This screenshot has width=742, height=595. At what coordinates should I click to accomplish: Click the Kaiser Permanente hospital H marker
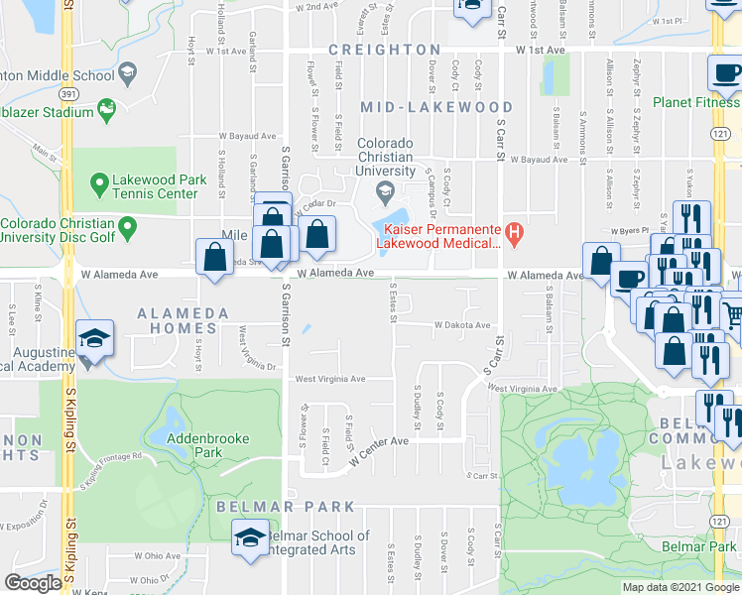click(x=514, y=234)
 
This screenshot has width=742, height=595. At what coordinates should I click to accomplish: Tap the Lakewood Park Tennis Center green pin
click(x=98, y=182)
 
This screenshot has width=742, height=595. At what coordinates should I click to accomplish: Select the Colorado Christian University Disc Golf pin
click(x=127, y=230)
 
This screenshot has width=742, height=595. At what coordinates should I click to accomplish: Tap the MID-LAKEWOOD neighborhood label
click(x=436, y=107)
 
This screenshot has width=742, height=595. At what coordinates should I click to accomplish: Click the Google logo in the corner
click(x=32, y=583)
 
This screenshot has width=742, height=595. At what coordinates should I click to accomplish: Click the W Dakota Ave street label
click(x=461, y=325)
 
